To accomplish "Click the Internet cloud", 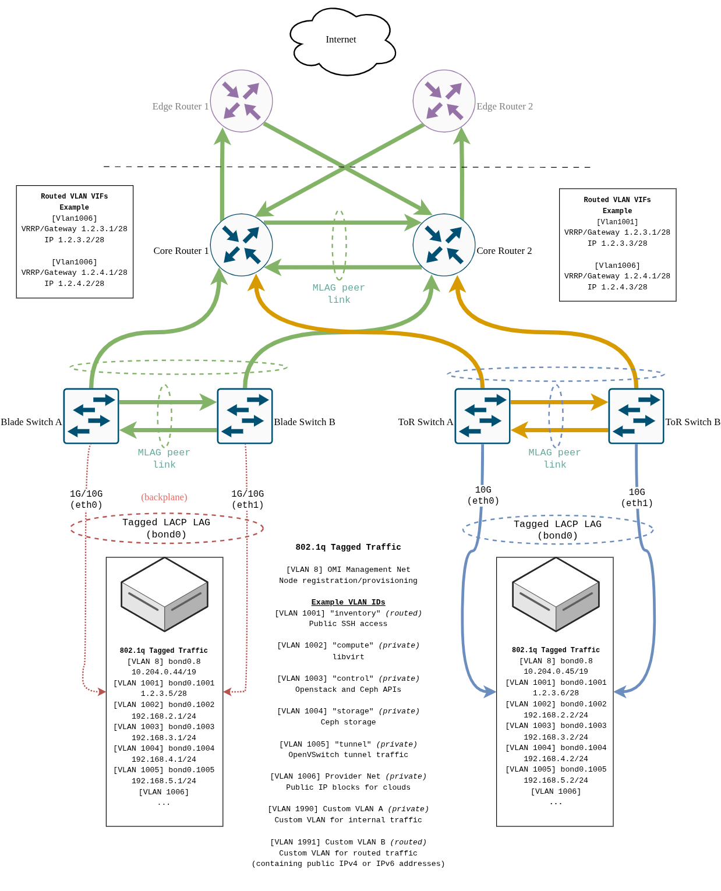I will pos(342,41).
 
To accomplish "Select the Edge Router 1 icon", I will pos(241,101).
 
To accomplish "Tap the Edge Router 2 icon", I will pos(444,101).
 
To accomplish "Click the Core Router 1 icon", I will pos(241,245).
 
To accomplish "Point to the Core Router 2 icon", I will pos(444,245).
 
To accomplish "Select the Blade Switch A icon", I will pos(91,416).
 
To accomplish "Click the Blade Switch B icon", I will pos(245,416).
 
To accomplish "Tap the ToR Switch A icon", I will pos(482,416).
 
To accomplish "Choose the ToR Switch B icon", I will pos(636,416).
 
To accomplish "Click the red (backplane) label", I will pos(164,497).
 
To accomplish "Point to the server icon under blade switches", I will pos(164,595).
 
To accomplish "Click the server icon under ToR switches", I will pos(556,595).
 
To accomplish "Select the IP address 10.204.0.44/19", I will pos(164,672).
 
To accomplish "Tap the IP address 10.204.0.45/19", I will pos(556,671).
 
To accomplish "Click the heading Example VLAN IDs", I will pos(348,602).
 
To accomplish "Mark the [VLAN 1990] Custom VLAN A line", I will pos(348,809).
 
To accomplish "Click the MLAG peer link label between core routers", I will pos(339,294).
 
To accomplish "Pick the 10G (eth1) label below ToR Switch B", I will pos(637,498).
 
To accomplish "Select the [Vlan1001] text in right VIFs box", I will pos(617,222).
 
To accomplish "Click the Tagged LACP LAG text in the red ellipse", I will pos(166,522).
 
